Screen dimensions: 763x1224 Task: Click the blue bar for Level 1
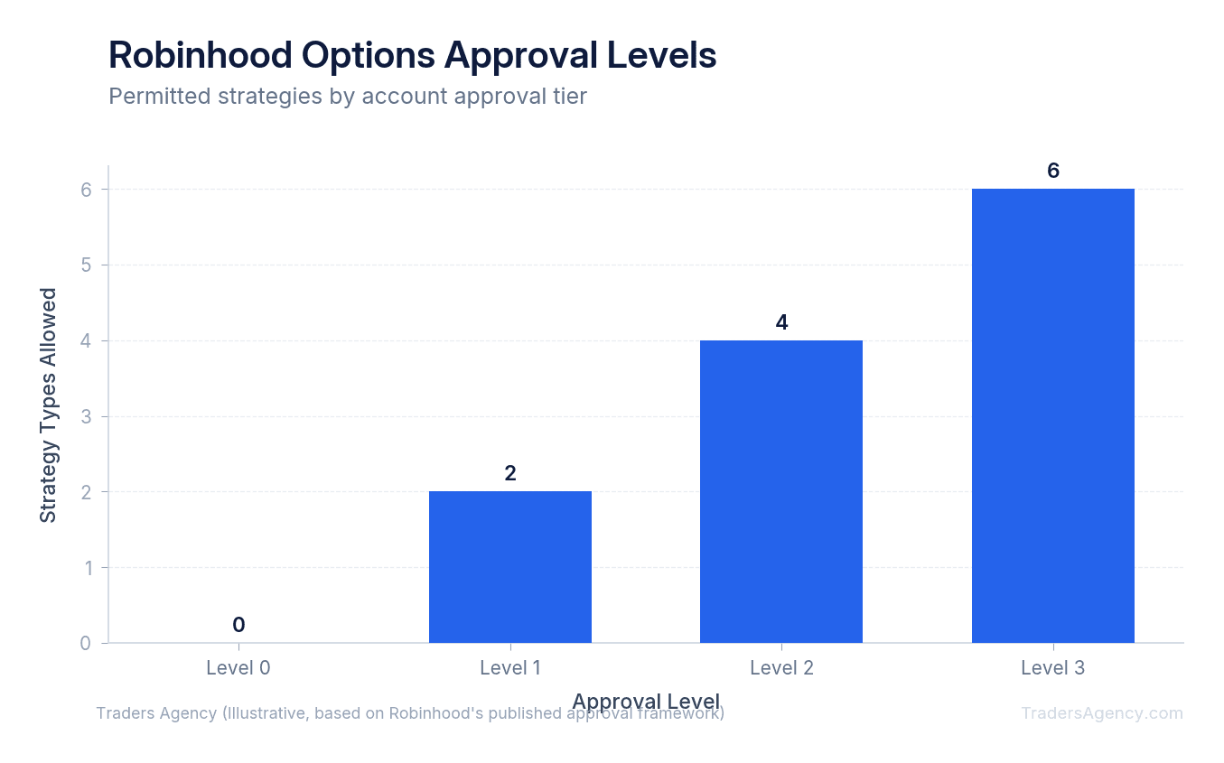pyautogui.click(x=509, y=567)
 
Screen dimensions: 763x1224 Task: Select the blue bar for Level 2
pyautogui.click(x=781, y=491)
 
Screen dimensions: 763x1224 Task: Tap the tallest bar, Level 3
pyautogui.click(x=1052, y=415)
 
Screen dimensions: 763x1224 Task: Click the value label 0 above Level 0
pyautogui.click(x=238, y=625)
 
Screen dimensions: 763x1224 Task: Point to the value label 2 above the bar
pyautogui.click(x=509, y=473)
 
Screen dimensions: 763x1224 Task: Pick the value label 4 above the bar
pyautogui.click(x=781, y=322)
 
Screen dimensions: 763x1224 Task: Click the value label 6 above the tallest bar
pyautogui.click(x=1052, y=171)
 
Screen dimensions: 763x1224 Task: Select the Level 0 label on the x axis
pyautogui.click(x=238, y=668)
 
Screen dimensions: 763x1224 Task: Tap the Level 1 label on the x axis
pyautogui.click(x=509, y=668)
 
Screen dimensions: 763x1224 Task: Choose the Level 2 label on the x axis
pyautogui.click(x=781, y=668)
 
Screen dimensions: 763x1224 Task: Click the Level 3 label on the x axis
pyautogui.click(x=1052, y=668)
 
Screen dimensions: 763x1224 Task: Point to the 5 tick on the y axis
pyautogui.click(x=85, y=265)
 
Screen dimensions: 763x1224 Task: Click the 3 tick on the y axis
pyautogui.click(x=85, y=416)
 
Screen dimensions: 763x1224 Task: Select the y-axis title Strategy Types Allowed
pyautogui.click(x=48, y=405)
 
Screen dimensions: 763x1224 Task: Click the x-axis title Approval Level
pyautogui.click(x=646, y=702)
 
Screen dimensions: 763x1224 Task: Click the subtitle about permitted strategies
pyautogui.click(x=348, y=96)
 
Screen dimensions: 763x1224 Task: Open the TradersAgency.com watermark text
pyautogui.click(x=1101, y=713)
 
